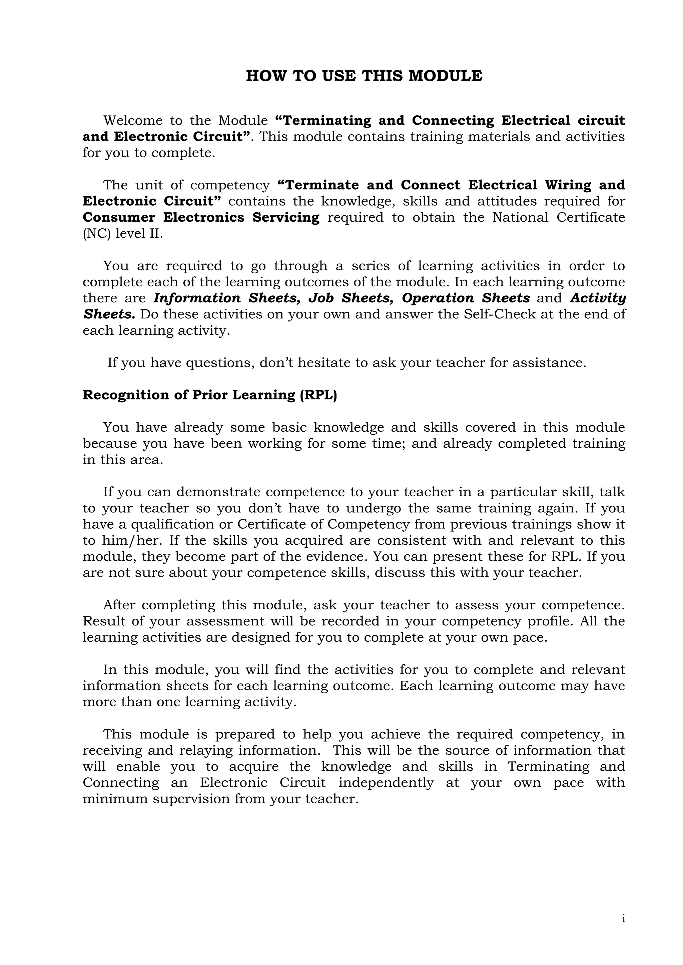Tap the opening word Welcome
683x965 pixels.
133,121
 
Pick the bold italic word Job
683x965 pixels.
320,298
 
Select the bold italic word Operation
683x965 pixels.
438,298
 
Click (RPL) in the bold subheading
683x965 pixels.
318,395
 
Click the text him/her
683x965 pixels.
132,541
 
